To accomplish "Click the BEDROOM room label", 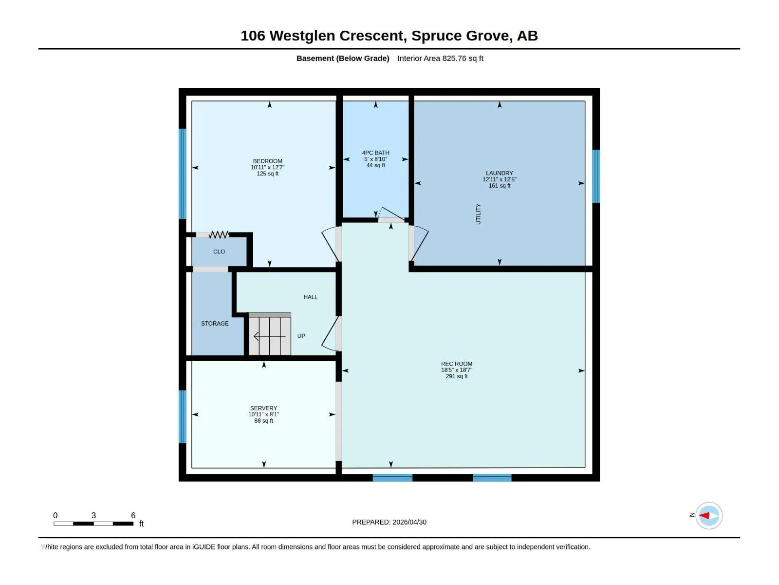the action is pos(267,161).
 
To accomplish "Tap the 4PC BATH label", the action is pos(375,153).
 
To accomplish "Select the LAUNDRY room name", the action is pos(500,173).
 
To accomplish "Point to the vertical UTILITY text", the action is pos(478,214).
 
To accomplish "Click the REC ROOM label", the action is pos(456,364).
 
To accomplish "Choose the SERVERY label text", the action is pos(263,408).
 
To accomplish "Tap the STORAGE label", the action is pos(215,323).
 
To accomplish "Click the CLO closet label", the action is pos(219,252).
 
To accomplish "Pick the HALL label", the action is pos(310,297).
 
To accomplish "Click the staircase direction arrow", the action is pos(269,336).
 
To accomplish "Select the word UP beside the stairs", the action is pos(301,336).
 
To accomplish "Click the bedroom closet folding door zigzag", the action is pos(219,234).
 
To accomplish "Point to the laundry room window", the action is pos(596,176).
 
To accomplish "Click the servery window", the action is pos(183,417).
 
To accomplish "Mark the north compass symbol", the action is pos(708,515).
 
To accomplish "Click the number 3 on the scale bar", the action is pos(93,515).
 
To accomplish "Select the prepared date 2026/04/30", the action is pos(409,522).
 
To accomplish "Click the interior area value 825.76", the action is pos(454,58).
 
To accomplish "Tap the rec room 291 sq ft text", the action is pos(456,376).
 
